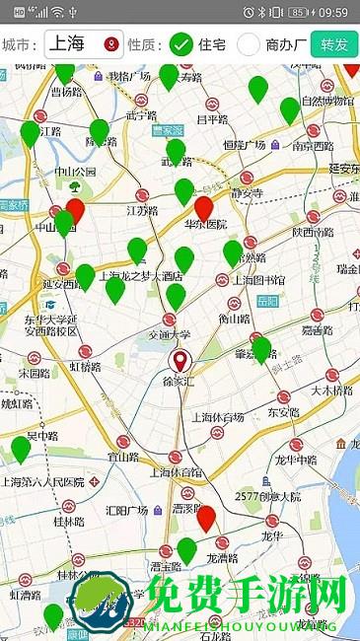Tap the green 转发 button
pos(333,44)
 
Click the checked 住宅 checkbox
pos(181,44)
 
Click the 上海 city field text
pos(67,44)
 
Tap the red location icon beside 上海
pos(110,44)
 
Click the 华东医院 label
pos(206,225)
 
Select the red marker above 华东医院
pos(204,207)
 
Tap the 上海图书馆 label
pos(257,280)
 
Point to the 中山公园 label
pos(76,171)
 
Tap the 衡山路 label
pos(234,319)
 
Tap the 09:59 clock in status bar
pos(333,12)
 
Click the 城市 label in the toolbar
pos(20,44)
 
